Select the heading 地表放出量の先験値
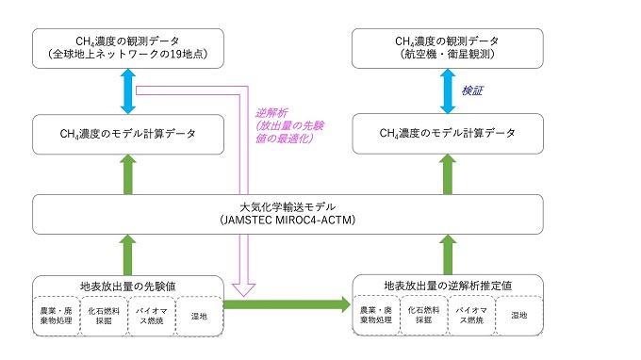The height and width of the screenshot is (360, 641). click(126, 284)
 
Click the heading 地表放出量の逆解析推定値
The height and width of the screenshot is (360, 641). click(447, 284)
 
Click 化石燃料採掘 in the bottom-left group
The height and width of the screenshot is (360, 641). click(104, 314)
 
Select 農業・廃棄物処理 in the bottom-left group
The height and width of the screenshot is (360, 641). click(56, 314)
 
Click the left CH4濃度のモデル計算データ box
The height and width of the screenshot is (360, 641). click(126, 134)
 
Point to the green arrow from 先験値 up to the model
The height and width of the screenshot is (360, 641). click(126, 254)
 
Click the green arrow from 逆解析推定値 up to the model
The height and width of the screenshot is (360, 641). click(447, 254)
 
